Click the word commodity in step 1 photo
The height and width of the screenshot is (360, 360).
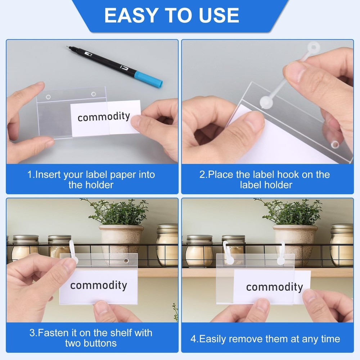(104, 116)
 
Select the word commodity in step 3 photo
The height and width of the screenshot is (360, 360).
(99, 285)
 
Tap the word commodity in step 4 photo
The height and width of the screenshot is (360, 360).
(274, 287)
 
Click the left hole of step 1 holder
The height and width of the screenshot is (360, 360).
(48, 97)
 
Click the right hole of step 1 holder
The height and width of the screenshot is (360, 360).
(94, 94)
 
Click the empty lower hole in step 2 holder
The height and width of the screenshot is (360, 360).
(335, 144)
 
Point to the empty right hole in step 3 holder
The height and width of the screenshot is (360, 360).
(126, 261)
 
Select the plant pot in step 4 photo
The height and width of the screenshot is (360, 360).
(295, 239)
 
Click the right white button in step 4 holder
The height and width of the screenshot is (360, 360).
(280, 260)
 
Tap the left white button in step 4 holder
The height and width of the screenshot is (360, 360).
(230, 260)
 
